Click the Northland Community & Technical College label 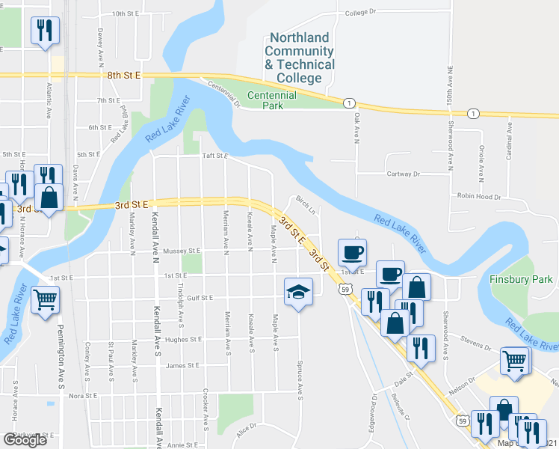click(300, 58)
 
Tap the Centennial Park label click(272, 100)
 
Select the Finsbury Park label click(521, 279)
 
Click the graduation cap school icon click(298, 293)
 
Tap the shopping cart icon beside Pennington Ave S click(46, 300)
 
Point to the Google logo click(25, 440)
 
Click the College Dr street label click(362, 13)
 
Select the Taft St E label click(214, 156)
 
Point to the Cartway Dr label click(404, 174)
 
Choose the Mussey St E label click(182, 251)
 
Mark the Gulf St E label click(199, 298)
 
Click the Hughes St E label click(182, 339)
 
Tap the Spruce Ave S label click(300, 378)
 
